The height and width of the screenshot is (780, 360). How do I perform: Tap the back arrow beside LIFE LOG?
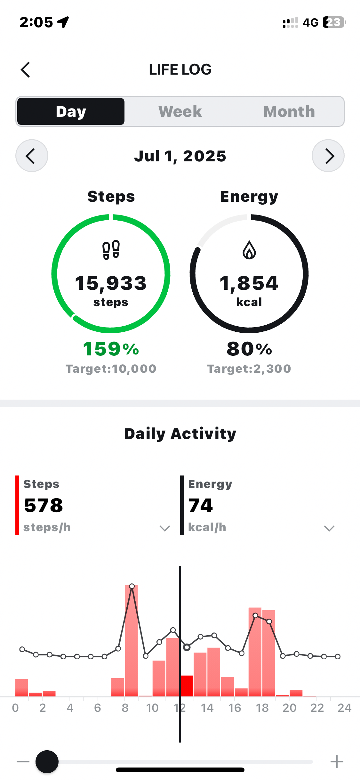pos(26,69)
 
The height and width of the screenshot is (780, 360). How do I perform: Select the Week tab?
pos(180,111)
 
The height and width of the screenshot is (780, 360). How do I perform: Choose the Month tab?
pos(289,111)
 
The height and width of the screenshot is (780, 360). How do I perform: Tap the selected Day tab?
pos(71,111)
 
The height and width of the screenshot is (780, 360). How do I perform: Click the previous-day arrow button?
pos(32,156)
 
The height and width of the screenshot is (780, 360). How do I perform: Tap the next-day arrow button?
pos(328,156)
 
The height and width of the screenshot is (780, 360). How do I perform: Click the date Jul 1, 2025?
pos(180,156)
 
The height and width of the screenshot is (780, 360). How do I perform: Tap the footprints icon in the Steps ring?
pos(111,250)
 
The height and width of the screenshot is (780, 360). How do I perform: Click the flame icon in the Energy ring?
pos(249,250)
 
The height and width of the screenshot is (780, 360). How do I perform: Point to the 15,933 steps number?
pos(111,283)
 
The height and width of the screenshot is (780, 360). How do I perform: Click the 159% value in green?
pos(111,349)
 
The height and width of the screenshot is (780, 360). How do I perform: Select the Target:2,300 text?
pos(249,369)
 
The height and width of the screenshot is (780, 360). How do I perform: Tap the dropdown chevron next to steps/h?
pos(165,528)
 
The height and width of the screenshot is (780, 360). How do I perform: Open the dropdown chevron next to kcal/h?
pos(329,528)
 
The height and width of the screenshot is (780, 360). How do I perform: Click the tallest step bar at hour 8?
pos(132,640)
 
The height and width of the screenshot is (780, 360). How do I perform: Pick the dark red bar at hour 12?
pos(187,686)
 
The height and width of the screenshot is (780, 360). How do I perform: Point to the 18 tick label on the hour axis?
pos(262,708)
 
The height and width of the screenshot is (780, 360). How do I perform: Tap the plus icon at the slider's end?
pos(337,762)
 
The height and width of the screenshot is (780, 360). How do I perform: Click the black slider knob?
pos(47,762)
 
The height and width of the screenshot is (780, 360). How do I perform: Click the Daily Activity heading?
pos(180,434)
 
